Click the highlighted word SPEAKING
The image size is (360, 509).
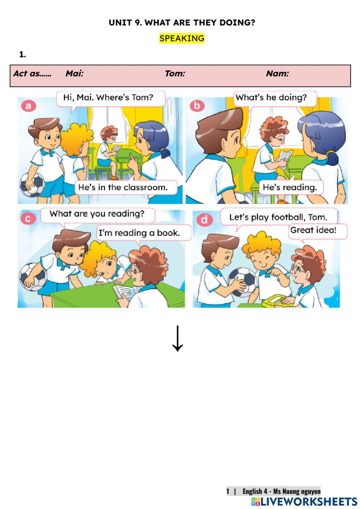tap(182, 38)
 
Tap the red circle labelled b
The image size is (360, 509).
tap(197, 106)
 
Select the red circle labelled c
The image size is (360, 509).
tap(28, 218)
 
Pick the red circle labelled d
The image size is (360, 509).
tap(204, 219)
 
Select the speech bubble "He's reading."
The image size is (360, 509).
tap(290, 187)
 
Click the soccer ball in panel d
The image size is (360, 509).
tap(242, 282)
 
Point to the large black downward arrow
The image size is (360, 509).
tap(177, 338)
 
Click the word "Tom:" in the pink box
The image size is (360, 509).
tap(175, 73)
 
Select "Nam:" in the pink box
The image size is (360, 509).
tap(277, 73)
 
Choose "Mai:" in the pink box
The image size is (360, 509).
tap(75, 73)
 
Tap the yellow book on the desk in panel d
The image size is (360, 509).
tap(275, 300)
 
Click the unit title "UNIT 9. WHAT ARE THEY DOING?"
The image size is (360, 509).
tap(182, 22)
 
